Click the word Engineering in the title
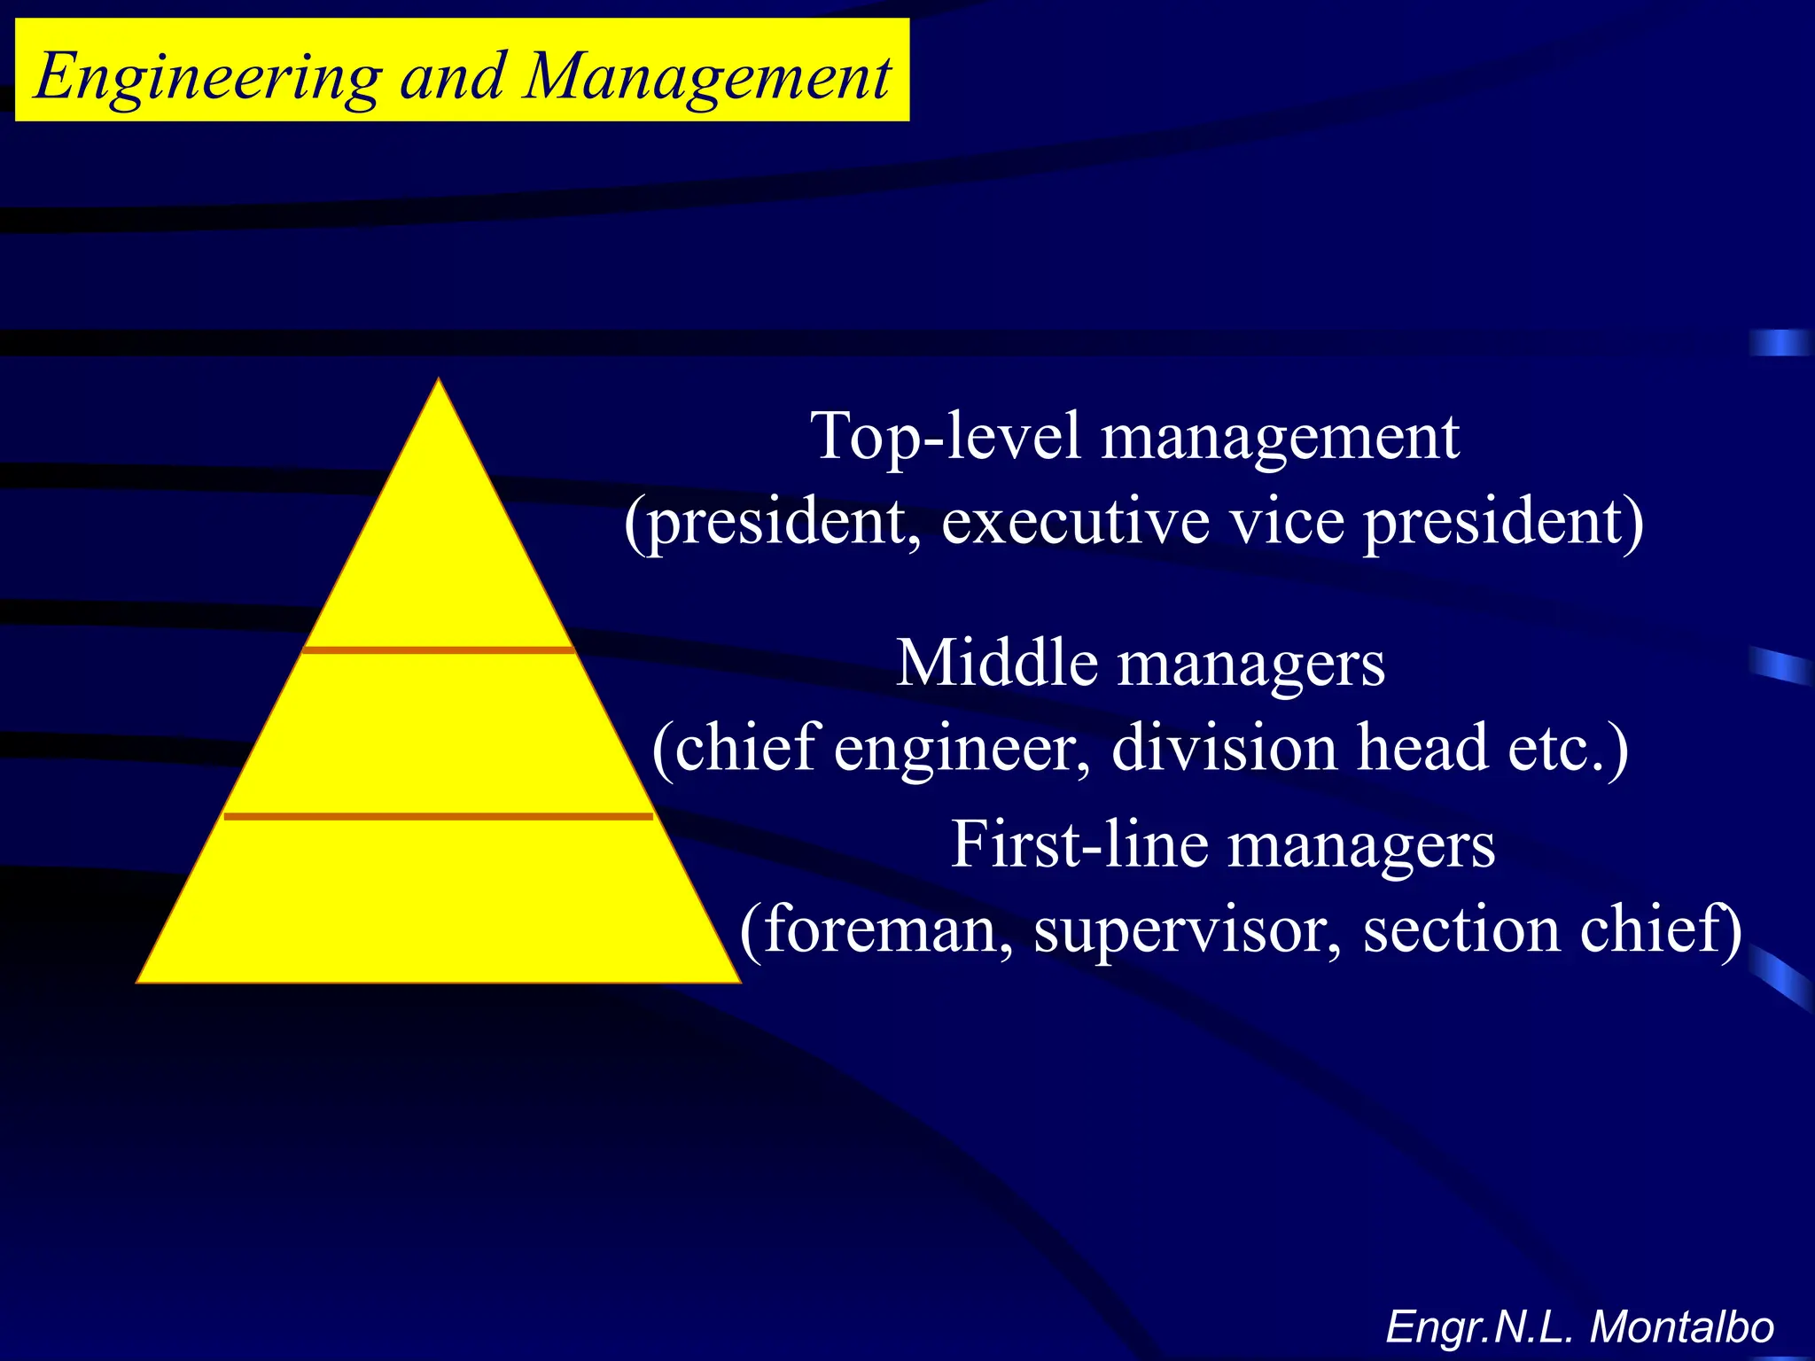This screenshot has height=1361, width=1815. (x=209, y=78)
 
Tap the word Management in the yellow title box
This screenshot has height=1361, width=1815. (x=707, y=78)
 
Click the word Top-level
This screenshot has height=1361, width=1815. (x=946, y=436)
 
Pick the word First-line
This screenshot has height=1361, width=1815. (x=1079, y=844)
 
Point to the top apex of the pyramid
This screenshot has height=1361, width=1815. (x=439, y=381)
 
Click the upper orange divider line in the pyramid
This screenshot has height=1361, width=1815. (x=439, y=650)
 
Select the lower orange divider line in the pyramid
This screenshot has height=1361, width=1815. (x=439, y=816)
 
